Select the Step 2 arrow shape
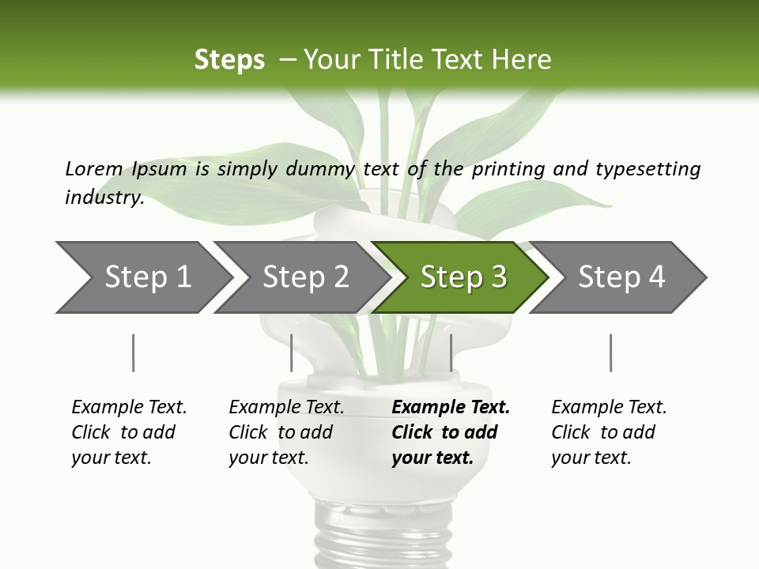coord(305,277)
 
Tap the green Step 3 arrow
coord(463,277)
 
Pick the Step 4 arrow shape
coord(621,277)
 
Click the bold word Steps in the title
coord(229,59)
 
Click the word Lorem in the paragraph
coord(94,168)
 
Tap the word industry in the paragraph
coord(104,198)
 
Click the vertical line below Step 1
coord(133,352)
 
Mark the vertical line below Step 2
coord(292,352)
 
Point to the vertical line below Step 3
coord(451,352)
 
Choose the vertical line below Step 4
coord(610,352)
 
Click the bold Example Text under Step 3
coord(451,407)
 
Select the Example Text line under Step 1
coord(129,407)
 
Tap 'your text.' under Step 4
coord(591,458)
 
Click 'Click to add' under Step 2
coord(281,432)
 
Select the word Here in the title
coord(521,59)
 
